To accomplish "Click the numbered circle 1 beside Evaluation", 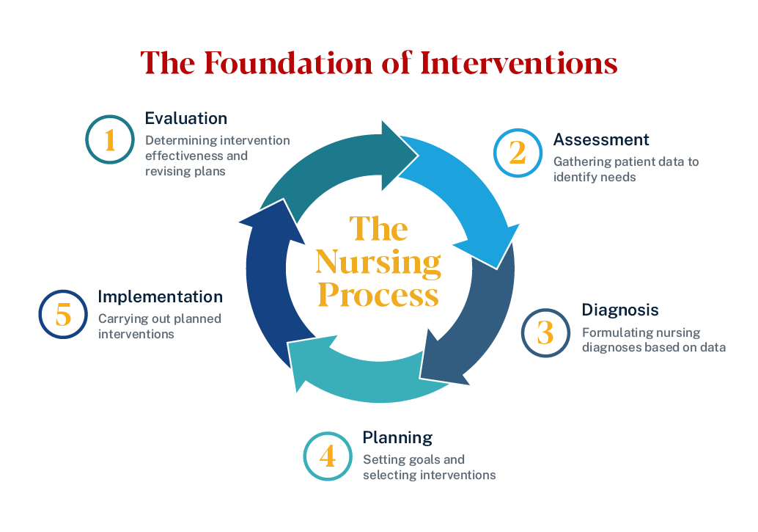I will pos(110,139).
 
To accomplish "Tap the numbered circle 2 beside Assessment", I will pos(518,153).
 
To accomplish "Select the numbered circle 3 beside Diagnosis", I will pos(545,332).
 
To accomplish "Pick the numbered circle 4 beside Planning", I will pos(328,456).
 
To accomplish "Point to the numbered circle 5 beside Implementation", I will pos(63,316).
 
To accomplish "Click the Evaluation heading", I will pos(186,118).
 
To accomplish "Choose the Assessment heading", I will pos(601,139).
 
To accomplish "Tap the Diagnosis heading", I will pos(620,310).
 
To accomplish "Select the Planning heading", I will pos(397,437).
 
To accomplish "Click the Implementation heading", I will pos(160,296).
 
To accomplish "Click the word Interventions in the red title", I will pos(519,63).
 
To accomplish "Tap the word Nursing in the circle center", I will pos(378,261).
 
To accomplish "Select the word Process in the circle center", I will pos(378,295).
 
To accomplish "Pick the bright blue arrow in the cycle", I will pos(469,191).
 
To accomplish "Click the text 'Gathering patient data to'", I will pos(626,161).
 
